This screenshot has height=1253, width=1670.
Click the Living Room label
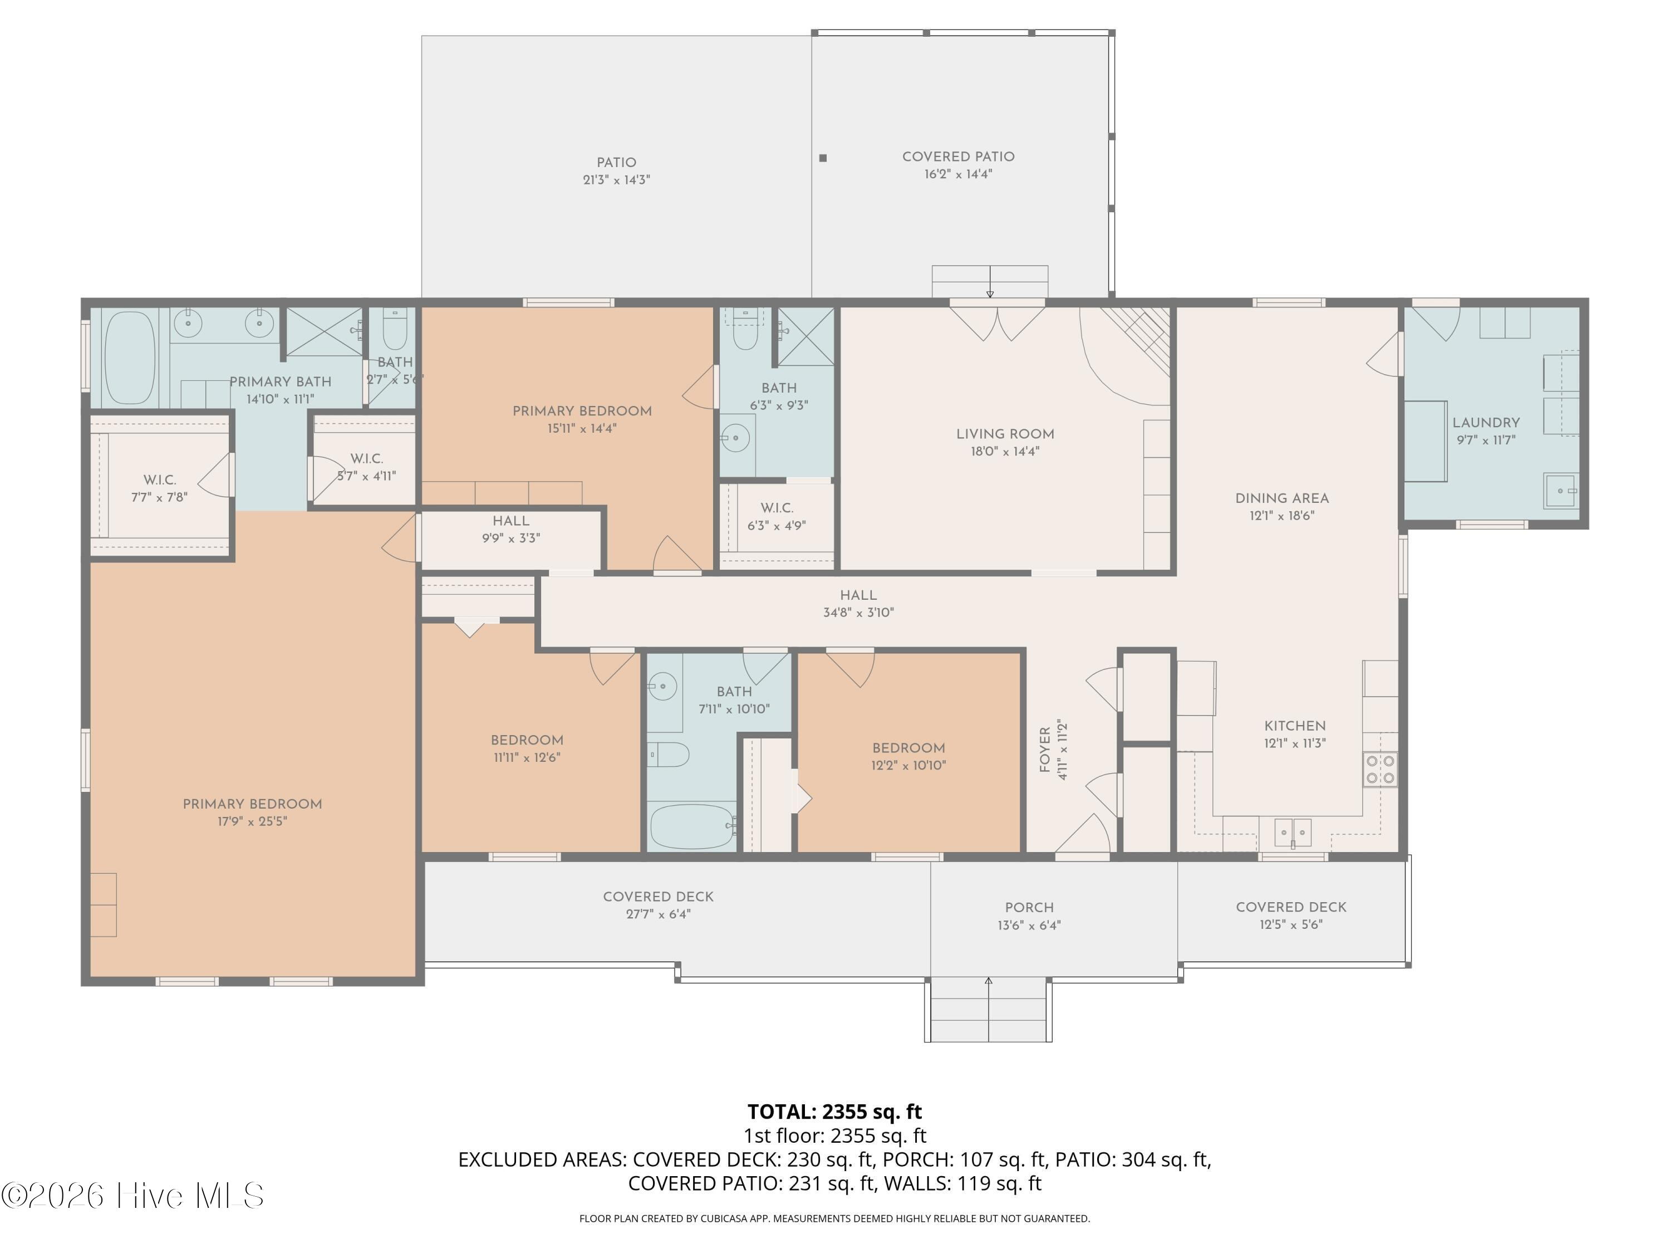pos(1005,434)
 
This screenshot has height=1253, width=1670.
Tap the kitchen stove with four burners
pos(1380,770)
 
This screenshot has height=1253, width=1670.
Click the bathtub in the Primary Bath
pos(129,359)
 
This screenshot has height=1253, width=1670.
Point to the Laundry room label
pos(1486,423)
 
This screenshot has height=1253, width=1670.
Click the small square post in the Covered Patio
pos(823,158)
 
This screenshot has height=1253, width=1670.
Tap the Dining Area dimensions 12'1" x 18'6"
pos(1282,516)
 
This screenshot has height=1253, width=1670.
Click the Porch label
pos(1029,907)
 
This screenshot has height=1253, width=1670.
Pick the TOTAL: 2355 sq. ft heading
pos(834,1112)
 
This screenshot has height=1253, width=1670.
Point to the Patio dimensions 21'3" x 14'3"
pos(616,180)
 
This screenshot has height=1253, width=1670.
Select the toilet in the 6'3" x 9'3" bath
pos(745,332)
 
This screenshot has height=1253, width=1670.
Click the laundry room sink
pos(1560,491)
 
